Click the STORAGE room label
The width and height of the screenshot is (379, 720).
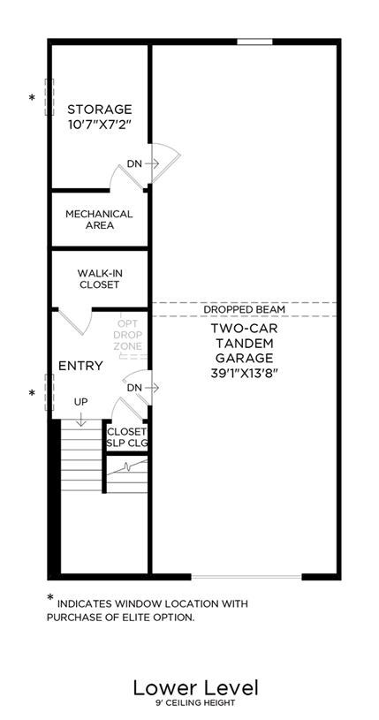(100, 110)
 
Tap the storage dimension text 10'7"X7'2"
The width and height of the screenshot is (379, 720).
(100, 125)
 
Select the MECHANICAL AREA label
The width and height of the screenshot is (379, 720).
(99, 219)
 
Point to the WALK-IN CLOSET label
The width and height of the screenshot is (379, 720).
(100, 279)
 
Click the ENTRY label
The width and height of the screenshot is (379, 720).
(81, 366)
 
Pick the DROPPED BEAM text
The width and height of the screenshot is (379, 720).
(245, 309)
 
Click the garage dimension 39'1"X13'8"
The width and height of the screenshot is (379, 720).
(245, 374)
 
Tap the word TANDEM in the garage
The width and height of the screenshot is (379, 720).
(245, 343)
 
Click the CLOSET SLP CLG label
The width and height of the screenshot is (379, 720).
(126, 437)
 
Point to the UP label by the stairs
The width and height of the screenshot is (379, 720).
(81, 402)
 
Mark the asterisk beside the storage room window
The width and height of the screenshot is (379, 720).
(32, 98)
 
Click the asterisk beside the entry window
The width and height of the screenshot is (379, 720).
(32, 393)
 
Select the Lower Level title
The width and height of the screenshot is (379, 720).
(196, 688)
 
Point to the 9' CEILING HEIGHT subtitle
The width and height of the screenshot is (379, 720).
(196, 703)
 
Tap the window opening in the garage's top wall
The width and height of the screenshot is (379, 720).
(254, 42)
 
